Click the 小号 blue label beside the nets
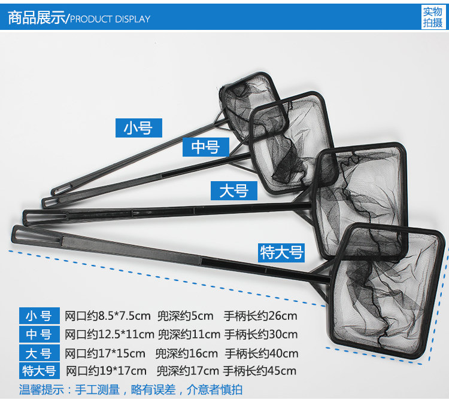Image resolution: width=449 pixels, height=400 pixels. coord(139,128)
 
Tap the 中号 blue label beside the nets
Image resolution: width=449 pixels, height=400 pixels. coord(205,146)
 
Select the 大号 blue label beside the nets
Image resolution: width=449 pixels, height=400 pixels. coord(233,191)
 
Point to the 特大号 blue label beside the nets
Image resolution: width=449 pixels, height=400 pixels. coord(281,252)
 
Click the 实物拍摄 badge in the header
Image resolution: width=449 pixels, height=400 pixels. coord(432,17)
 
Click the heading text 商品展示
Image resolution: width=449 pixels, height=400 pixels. coord(36,18)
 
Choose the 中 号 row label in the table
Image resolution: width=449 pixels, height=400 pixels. coord(39,334)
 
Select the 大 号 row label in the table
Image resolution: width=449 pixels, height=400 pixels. coord(39,353)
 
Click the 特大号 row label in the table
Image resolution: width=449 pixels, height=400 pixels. coord(39,371)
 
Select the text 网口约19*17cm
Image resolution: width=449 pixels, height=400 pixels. coord(106,371)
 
